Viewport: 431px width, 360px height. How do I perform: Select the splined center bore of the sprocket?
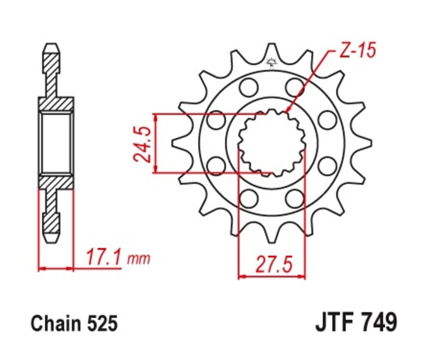(272, 142)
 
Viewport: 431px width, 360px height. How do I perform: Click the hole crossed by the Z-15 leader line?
(295, 87)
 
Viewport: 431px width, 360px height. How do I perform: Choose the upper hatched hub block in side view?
(56, 103)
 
